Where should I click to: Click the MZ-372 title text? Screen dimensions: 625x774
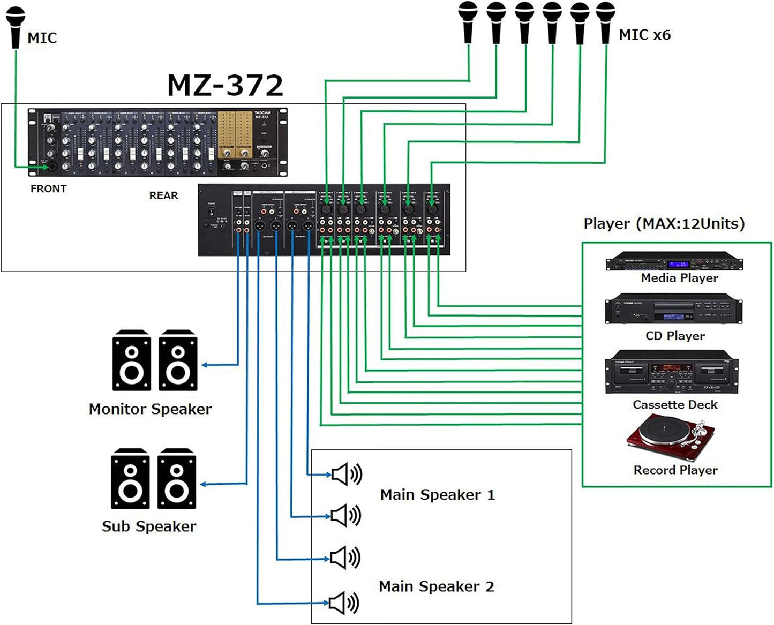pos(225,86)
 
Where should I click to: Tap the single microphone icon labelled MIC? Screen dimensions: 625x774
pos(16,27)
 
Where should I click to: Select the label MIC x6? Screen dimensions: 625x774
pos(644,35)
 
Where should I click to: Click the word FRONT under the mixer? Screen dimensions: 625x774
pos(48,189)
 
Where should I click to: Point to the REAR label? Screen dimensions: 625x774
pos(163,195)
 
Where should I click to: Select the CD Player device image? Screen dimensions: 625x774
pos(673,310)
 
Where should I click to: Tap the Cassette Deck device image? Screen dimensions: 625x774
pos(671,373)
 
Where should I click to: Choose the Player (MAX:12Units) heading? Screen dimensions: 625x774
pos(664,224)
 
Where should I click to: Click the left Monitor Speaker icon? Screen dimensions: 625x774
pos(131,360)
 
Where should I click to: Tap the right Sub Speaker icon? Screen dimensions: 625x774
pos(177,479)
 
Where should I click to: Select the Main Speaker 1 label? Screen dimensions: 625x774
pos(437,495)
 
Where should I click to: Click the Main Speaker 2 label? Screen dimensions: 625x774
pos(436,586)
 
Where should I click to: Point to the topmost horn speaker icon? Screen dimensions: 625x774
pos(346,475)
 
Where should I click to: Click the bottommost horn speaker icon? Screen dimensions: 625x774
pos(344,604)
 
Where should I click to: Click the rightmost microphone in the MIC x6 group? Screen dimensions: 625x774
pos(605,21)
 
